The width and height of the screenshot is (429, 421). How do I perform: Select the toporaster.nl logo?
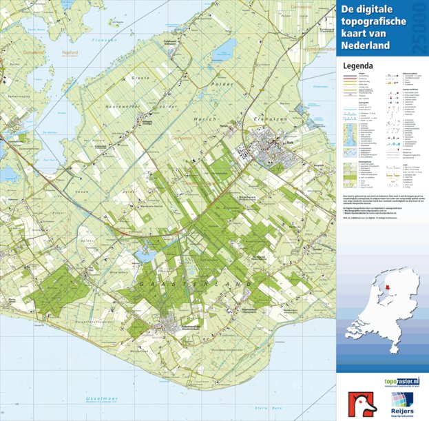tap(383, 382)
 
